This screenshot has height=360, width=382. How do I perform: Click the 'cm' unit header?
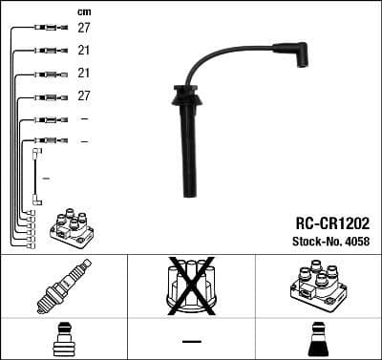point(84,11)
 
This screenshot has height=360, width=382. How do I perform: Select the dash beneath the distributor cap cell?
point(191,341)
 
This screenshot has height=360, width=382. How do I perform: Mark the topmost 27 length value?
point(84,29)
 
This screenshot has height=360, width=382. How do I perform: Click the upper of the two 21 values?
point(84,51)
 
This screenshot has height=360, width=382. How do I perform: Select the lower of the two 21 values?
point(84,74)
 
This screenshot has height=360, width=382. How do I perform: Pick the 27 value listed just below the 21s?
point(84,96)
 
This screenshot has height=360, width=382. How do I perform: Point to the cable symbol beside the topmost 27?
point(43,29)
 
